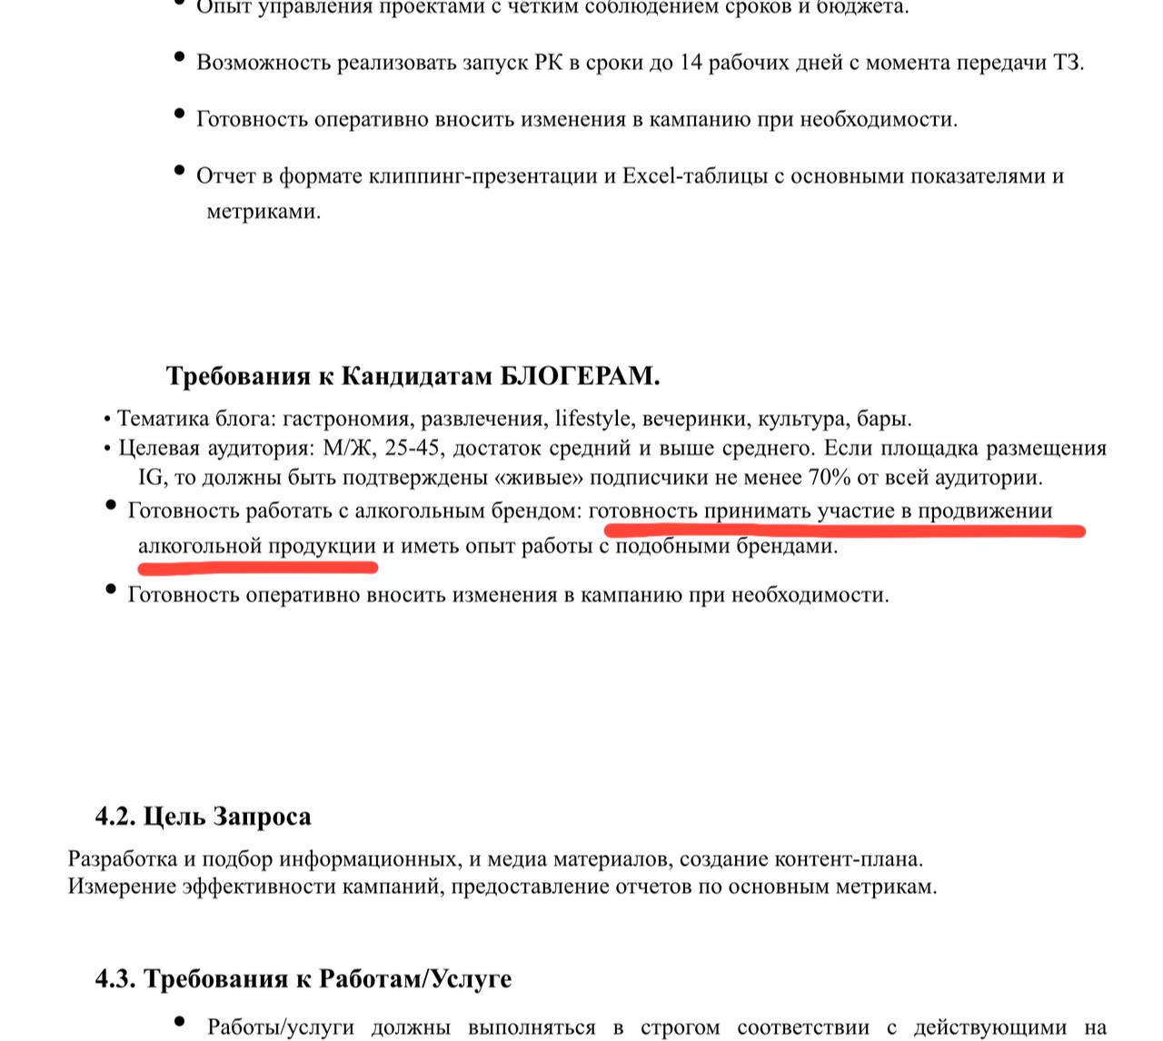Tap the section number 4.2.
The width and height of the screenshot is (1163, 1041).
tap(115, 816)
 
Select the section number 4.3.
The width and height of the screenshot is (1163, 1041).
tap(115, 978)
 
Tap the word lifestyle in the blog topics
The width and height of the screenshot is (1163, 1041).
tap(592, 419)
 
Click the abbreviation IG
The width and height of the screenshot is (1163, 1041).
tap(151, 477)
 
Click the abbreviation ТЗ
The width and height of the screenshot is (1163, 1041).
tap(1068, 63)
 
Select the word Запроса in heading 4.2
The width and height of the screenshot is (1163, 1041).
tap(263, 816)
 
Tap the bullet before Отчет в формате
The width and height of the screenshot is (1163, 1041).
tap(179, 170)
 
